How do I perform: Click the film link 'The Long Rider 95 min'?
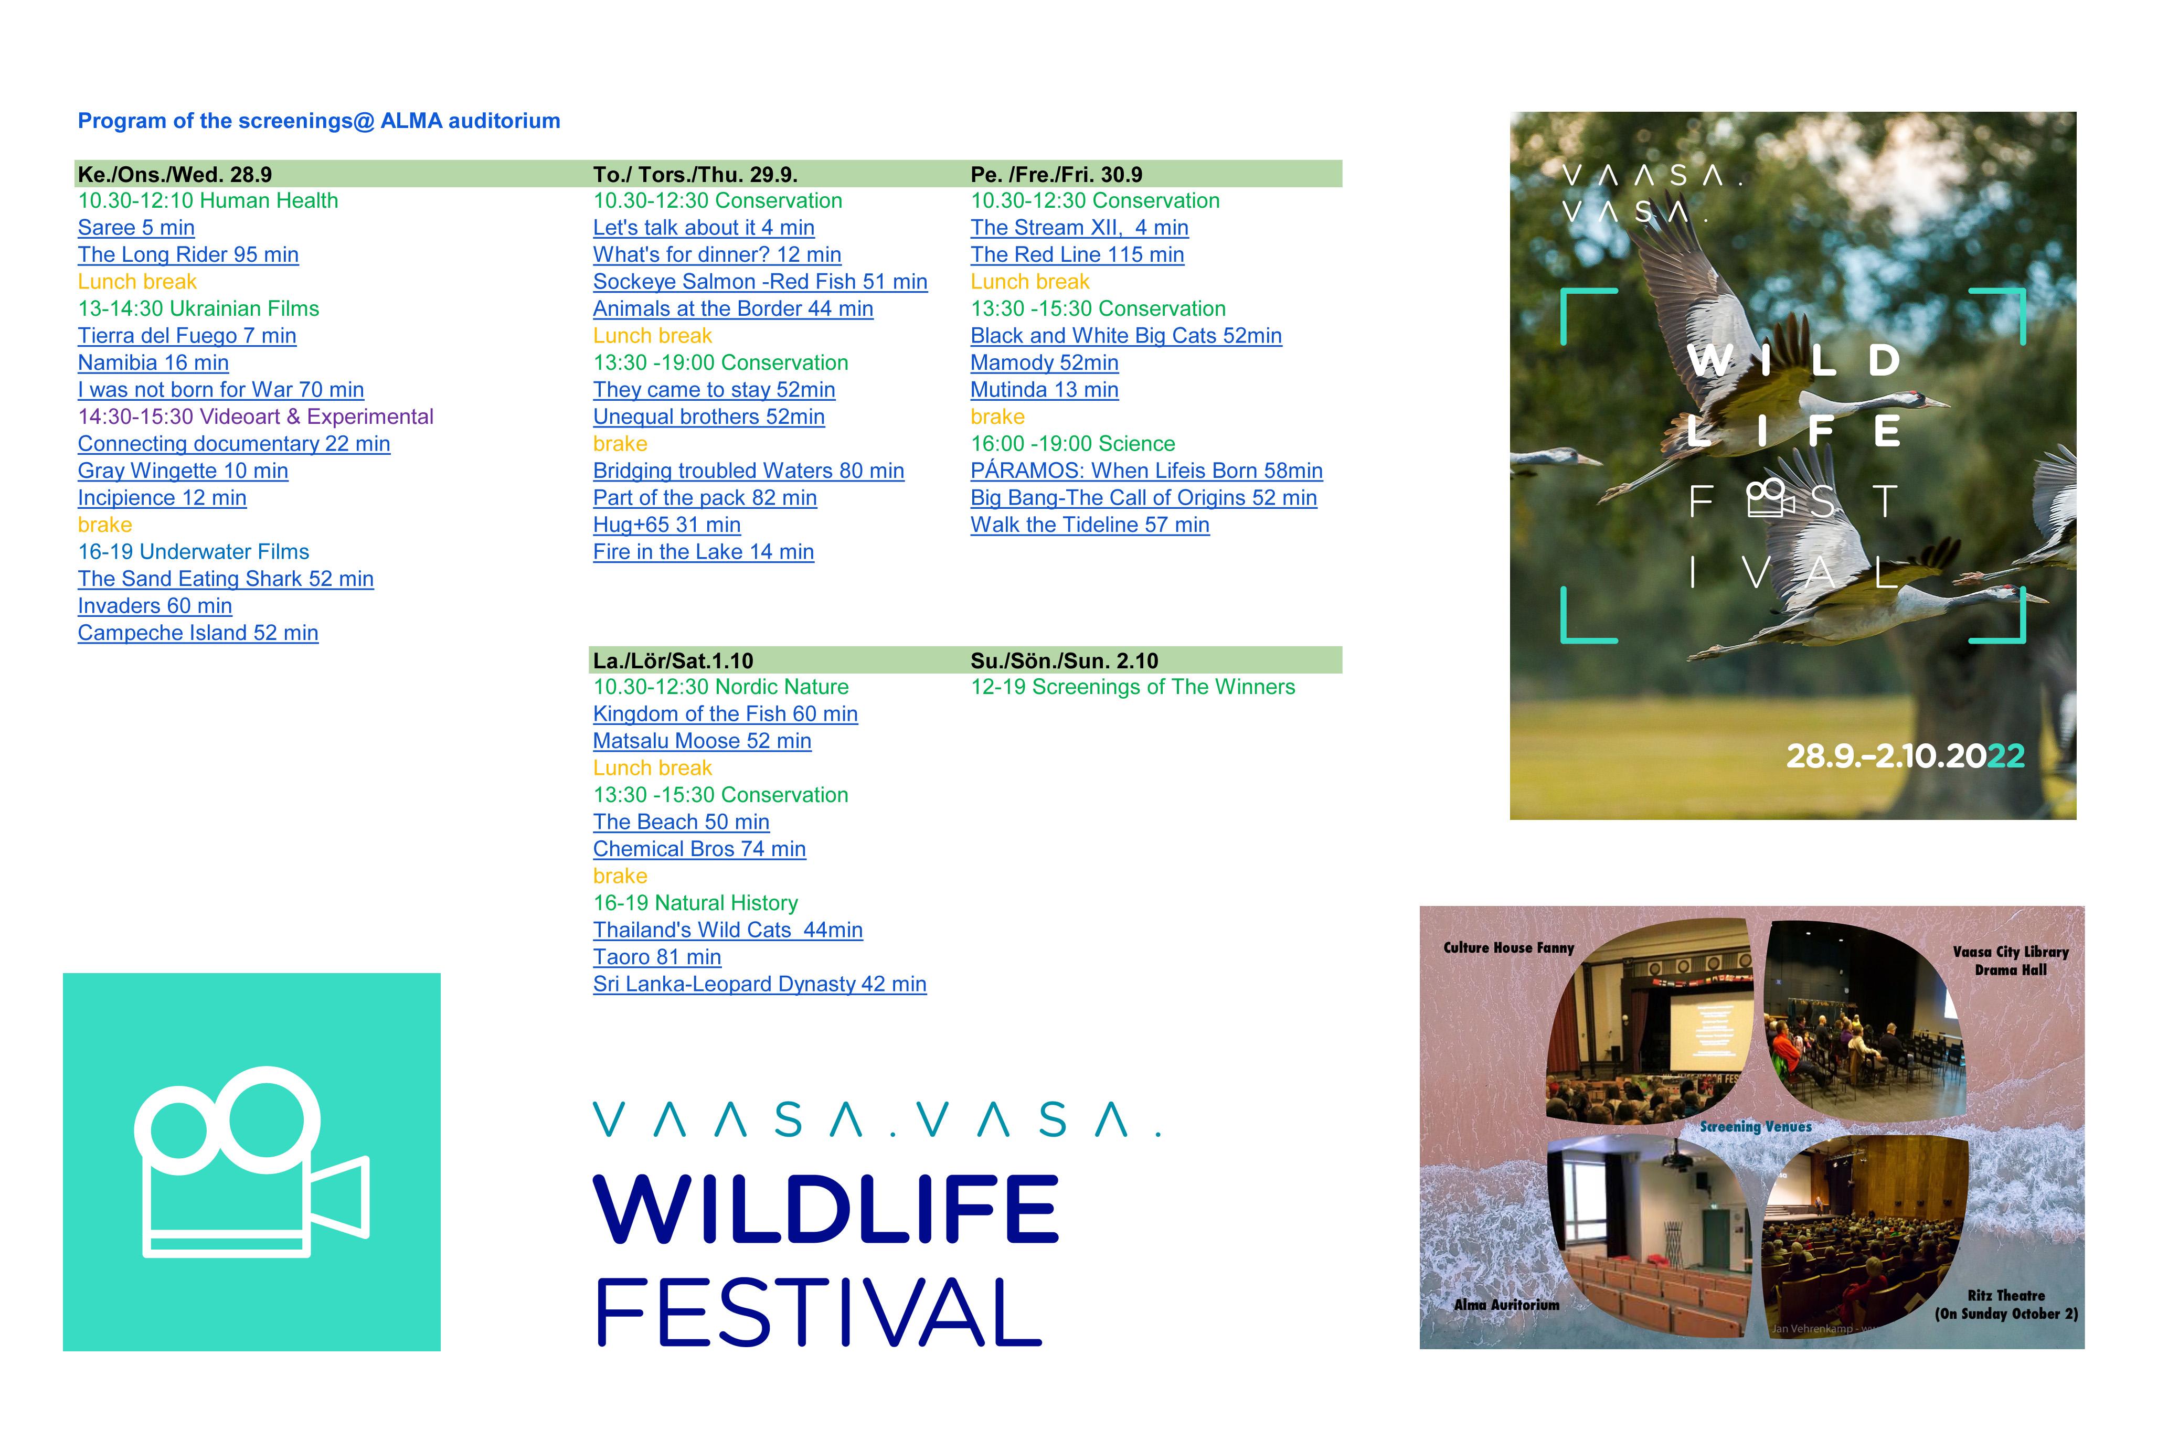(188, 255)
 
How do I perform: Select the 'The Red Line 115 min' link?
(1077, 255)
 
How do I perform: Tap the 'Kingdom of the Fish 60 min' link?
(725, 714)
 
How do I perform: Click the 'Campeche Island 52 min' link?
(198, 633)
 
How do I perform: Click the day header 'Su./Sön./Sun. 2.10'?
(1065, 660)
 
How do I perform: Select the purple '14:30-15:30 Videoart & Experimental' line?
(256, 417)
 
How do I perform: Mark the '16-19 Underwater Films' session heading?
(194, 552)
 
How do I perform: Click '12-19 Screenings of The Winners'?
(1133, 687)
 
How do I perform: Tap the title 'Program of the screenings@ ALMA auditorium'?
(319, 121)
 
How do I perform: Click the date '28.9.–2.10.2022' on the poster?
(1905, 756)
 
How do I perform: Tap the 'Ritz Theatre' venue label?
(2006, 1295)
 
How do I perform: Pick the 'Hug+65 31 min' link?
(667, 525)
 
